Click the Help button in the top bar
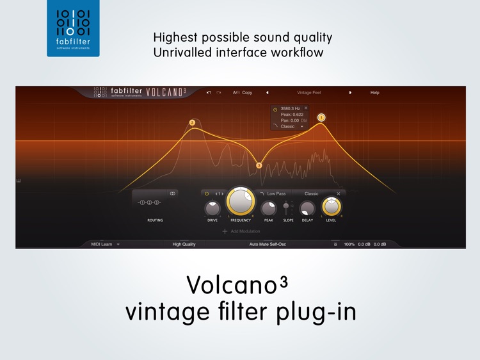tap(374, 93)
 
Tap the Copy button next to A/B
tap(247, 93)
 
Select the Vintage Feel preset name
tap(308, 93)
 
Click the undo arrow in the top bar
tap(209, 93)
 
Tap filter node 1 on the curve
tap(321, 117)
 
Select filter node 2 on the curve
tap(192, 122)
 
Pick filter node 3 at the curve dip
tap(259, 165)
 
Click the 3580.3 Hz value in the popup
tap(290, 109)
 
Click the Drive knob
tap(212, 208)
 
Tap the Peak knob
tap(269, 208)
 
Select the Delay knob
tap(307, 208)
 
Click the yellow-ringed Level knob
tap(331, 206)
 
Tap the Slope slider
tap(286, 207)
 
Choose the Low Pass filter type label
tap(276, 193)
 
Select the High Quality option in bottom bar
tap(184, 244)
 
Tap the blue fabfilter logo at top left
tap(73, 28)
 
